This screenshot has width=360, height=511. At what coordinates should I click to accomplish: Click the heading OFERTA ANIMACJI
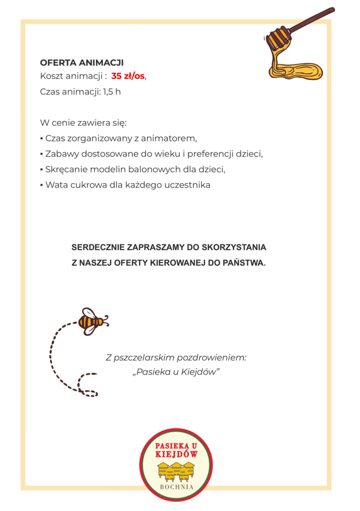81,63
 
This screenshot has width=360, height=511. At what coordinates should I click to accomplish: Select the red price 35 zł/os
128,76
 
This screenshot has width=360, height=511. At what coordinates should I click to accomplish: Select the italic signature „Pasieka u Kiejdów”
176,373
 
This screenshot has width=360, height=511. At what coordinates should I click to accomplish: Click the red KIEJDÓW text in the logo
176,455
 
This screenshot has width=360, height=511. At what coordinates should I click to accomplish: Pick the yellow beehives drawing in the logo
176,471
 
